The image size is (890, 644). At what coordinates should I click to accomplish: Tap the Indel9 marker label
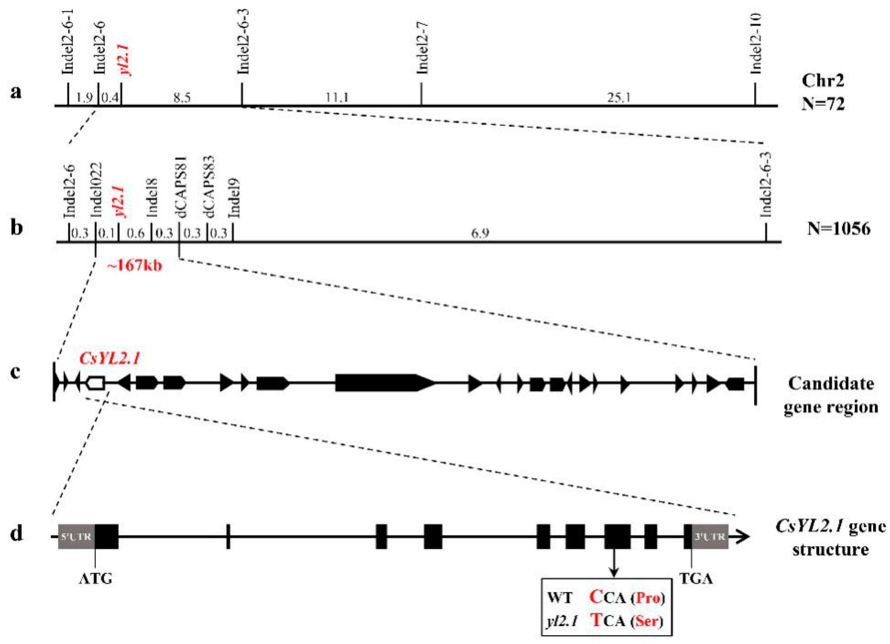235,198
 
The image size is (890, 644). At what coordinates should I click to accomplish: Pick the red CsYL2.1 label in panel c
110,358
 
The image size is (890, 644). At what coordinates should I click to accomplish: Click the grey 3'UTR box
710,536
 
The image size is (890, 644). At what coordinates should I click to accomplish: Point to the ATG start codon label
95,578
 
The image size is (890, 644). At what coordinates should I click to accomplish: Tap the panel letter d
16,535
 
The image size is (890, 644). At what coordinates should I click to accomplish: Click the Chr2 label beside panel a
822,81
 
